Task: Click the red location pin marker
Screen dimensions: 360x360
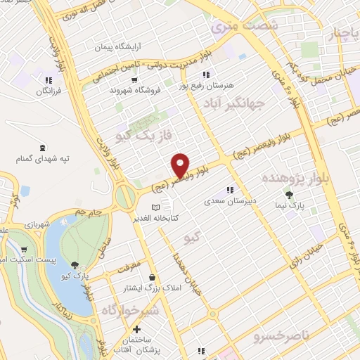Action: click(x=181, y=165)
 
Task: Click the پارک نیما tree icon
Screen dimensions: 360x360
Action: click(x=288, y=195)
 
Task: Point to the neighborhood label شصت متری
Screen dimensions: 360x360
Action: click(x=243, y=25)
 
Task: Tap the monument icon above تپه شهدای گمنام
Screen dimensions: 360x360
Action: click(x=44, y=148)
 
